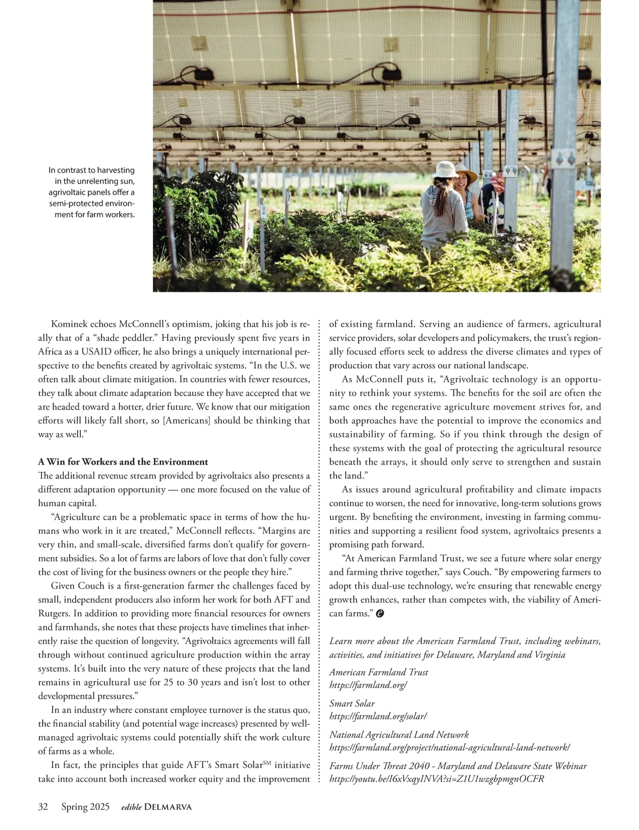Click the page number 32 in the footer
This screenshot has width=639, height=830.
[43, 807]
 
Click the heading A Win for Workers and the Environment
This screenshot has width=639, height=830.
[123, 461]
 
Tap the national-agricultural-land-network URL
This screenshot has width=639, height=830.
[449, 747]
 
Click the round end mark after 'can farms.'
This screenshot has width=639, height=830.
[380, 614]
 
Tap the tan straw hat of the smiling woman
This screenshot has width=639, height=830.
[467, 175]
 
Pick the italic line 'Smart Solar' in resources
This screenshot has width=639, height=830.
[352, 703]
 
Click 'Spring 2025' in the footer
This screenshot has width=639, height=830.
[85, 807]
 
